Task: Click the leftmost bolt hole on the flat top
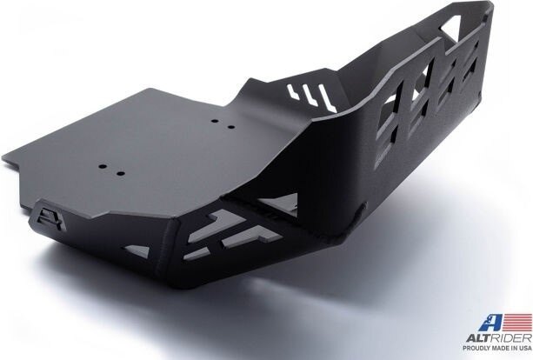pos(100,169)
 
